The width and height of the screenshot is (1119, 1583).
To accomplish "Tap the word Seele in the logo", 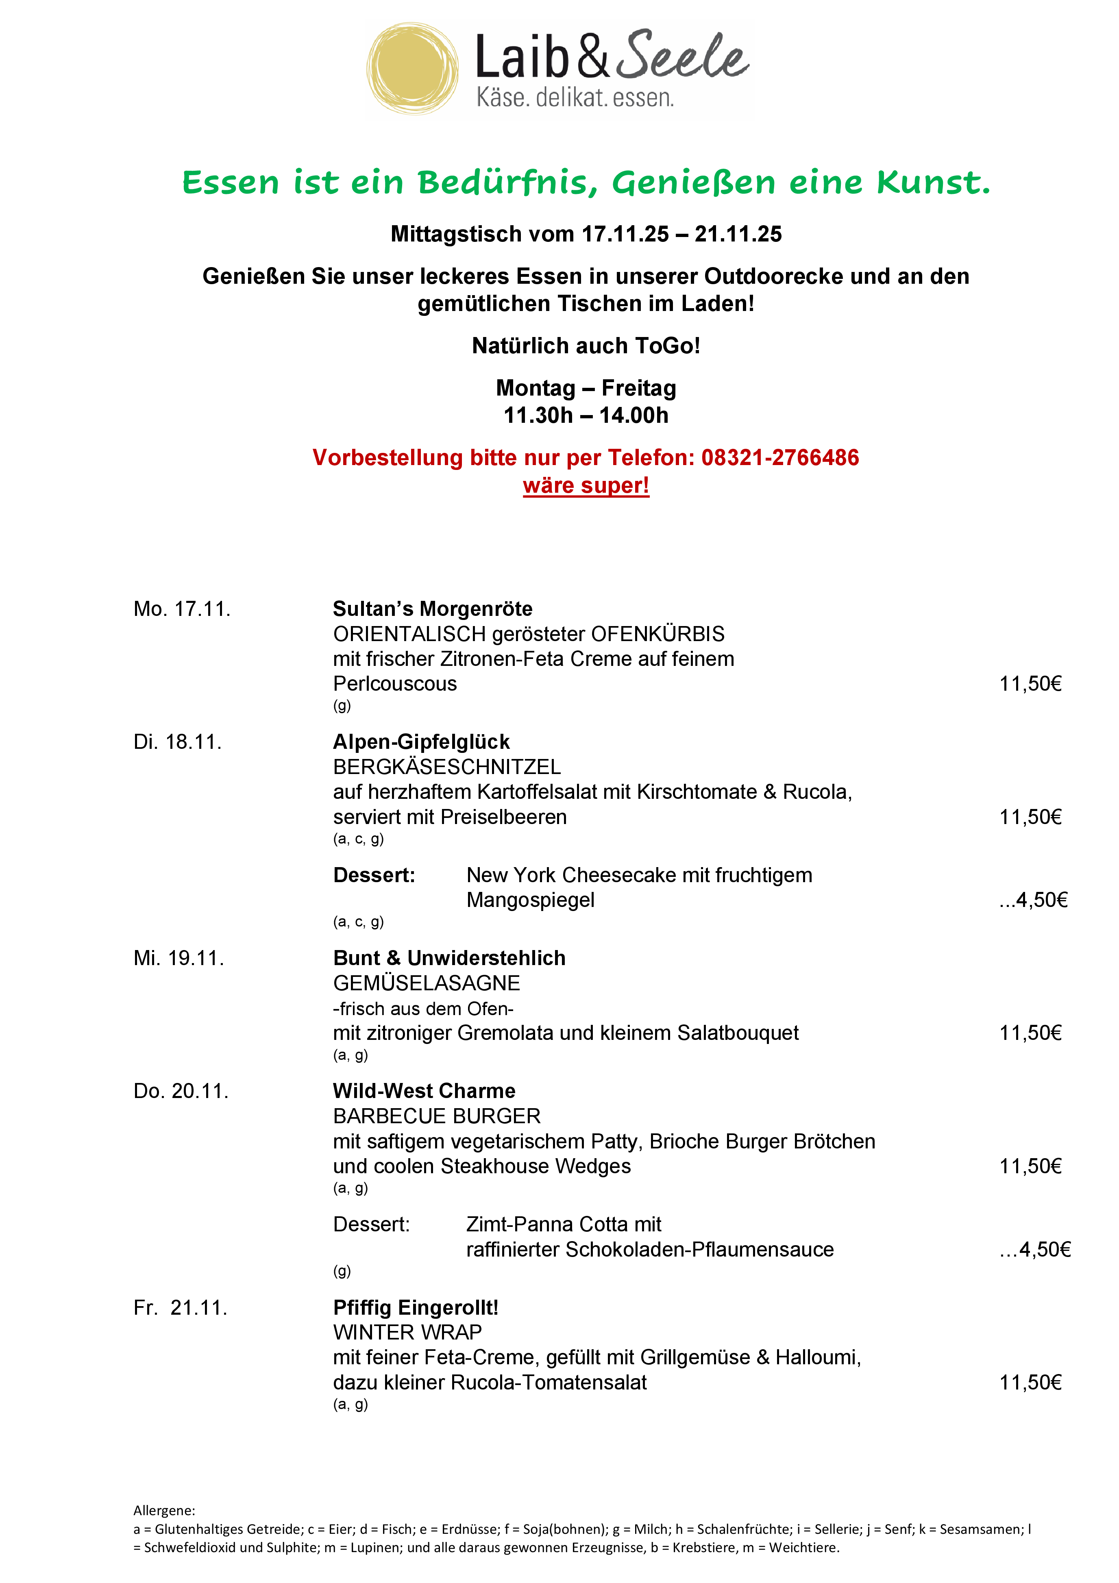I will point(681,57).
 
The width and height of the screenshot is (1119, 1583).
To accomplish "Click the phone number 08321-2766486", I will point(780,458).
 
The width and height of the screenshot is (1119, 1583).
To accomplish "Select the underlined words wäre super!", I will point(586,485).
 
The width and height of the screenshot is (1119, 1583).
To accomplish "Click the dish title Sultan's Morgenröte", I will point(432,609).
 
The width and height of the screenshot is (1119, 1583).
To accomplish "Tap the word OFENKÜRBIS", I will point(658,634).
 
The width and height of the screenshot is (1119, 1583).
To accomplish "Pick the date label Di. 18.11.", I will point(178,743).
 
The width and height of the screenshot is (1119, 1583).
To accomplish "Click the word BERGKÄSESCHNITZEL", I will point(447,768).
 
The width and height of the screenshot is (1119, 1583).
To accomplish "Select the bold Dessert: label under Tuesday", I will point(374,876).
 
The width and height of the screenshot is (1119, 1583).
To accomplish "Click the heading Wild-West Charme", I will point(424,1092).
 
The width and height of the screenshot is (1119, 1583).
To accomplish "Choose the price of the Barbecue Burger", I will point(1030,1167).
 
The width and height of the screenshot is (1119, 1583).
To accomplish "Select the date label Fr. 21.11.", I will point(181,1308).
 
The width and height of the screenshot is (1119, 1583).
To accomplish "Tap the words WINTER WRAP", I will point(407,1333).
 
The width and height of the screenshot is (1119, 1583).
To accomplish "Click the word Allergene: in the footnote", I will point(164,1511).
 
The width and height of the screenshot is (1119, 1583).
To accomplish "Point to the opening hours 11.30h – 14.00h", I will point(586,416).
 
